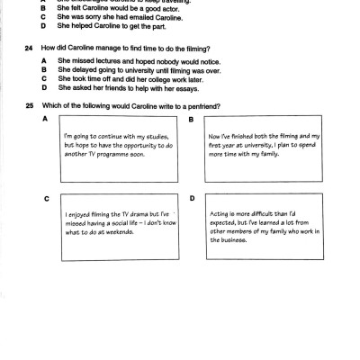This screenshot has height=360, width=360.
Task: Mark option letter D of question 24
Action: click(43, 87)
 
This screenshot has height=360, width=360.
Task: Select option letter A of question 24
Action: click(43, 60)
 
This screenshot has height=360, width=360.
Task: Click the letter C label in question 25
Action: click(46, 196)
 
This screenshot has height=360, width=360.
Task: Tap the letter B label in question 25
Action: click(191, 119)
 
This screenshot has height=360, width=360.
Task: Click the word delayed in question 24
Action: click(80, 69)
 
